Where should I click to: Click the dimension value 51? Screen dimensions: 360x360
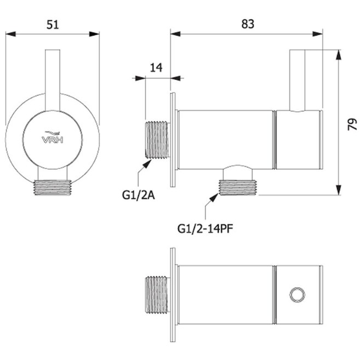click(53, 25)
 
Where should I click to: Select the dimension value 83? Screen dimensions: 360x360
click(248, 24)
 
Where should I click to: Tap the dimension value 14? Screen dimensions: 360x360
click(156, 68)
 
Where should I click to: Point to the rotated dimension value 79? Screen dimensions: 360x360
click(352, 124)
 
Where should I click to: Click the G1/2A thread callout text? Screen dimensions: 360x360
click(139, 196)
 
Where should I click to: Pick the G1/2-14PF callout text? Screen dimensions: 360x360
click(205, 229)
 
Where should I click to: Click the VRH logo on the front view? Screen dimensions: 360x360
click(53, 138)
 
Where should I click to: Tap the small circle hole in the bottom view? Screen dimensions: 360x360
click(297, 295)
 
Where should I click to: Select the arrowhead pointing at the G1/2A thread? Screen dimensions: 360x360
click(147, 164)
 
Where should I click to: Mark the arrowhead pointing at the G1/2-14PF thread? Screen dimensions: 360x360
click(214, 197)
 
